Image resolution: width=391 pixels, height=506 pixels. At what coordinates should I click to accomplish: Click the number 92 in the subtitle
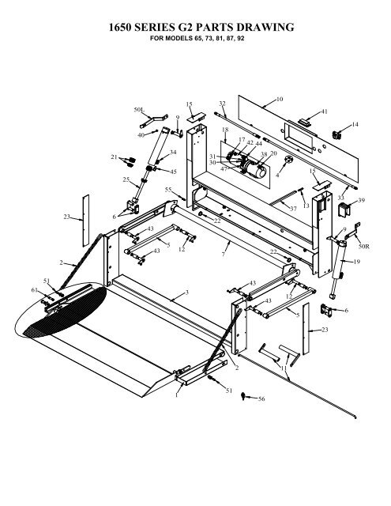click(240, 39)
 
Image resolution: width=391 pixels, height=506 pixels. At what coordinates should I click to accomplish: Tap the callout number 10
click(280, 99)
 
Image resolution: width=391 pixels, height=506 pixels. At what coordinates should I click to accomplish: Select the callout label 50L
click(139, 110)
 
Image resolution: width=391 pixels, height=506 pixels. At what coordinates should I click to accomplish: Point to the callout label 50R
click(364, 247)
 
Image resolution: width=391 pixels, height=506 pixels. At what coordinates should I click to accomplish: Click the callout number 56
click(261, 398)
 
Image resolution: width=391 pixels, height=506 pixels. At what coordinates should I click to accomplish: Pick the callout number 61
click(35, 290)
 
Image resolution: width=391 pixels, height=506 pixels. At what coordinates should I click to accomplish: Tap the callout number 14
click(355, 124)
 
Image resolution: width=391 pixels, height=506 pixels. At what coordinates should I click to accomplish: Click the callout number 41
click(325, 111)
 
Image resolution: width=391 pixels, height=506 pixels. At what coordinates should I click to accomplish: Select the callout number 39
click(361, 200)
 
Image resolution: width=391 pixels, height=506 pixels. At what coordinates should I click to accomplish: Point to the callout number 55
click(168, 190)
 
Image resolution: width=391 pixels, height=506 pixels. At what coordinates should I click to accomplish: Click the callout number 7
click(223, 255)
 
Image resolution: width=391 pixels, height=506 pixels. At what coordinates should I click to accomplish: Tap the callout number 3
click(187, 293)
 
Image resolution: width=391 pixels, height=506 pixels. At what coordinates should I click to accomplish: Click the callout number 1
click(177, 395)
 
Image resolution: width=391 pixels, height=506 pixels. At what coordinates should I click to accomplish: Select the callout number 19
click(356, 262)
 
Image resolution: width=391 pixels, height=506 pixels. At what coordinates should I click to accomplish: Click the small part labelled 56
click(244, 396)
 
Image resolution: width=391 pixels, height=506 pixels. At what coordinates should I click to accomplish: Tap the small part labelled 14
click(336, 135)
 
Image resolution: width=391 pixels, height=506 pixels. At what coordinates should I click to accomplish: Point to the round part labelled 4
click(288, 160)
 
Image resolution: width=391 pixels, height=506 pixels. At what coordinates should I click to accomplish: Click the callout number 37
click(293, 209)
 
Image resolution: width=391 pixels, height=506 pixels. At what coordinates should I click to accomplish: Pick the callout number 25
click(126, 179)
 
